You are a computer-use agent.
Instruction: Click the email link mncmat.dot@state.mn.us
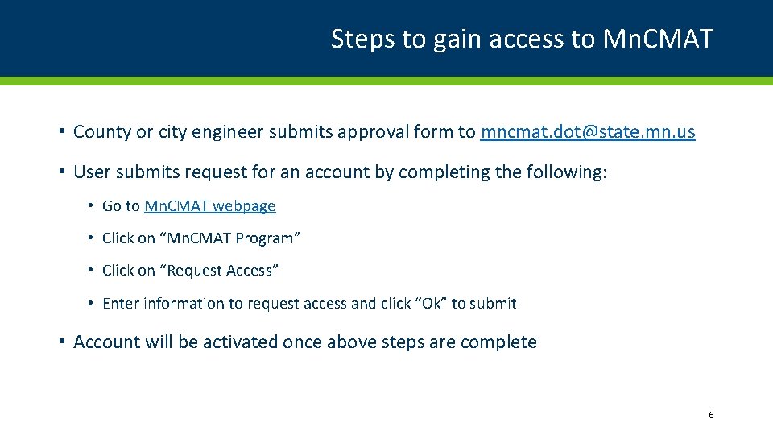588,132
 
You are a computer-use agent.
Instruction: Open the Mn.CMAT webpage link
209,206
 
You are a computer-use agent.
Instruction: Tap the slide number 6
711,415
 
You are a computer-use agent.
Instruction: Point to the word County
102,132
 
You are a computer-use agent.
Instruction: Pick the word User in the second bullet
91,172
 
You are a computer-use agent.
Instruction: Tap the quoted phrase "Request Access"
222,271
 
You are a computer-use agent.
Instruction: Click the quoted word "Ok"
431,304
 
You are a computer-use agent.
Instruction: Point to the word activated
240,342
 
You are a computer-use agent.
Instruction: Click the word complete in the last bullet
498,342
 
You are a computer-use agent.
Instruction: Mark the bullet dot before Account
61,342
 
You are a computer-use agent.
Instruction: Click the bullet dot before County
61,132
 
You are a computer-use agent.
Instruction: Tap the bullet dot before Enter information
91,304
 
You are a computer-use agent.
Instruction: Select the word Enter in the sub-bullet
119,304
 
